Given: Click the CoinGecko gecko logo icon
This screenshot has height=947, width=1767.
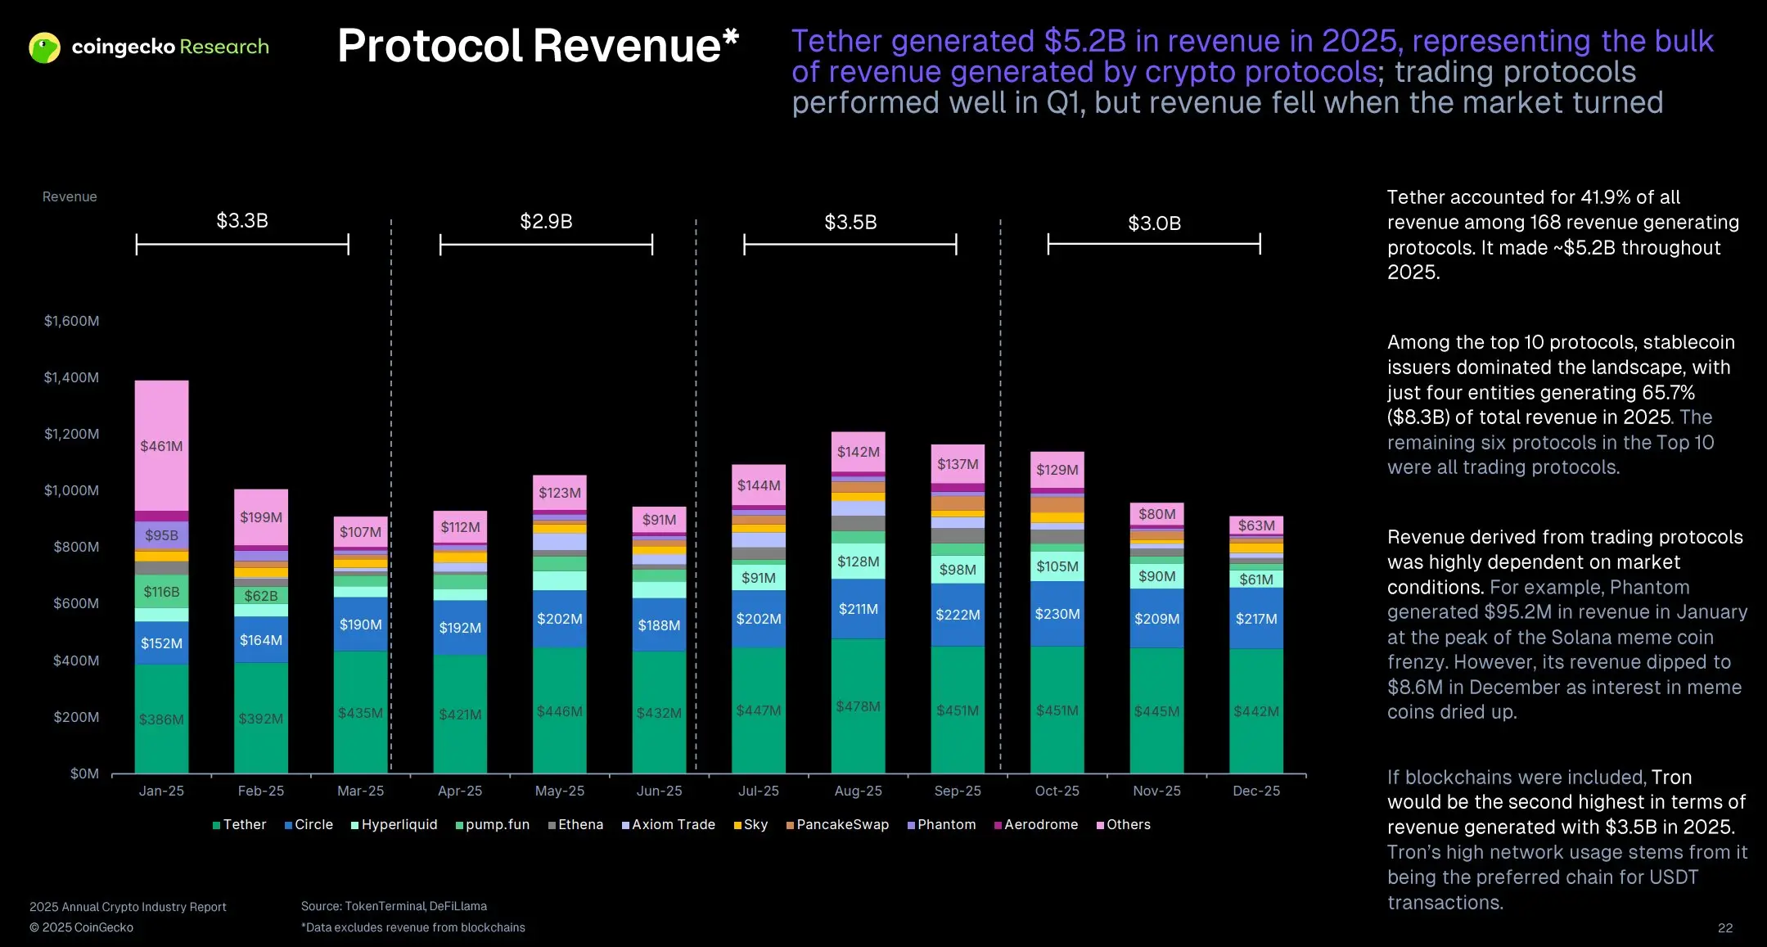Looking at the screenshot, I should click(x=44, y=47).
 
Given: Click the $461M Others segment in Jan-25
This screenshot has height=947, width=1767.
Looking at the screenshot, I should click(x=161, y=446).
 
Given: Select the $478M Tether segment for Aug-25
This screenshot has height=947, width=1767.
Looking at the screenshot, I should click(x=858, y=706).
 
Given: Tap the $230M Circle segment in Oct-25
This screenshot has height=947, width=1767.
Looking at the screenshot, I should click(x=1057, y=614).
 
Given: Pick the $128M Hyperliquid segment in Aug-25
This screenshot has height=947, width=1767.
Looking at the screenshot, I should click(x=858, y=561).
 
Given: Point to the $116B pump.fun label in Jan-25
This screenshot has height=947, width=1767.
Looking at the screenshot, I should click(x=161, y=592).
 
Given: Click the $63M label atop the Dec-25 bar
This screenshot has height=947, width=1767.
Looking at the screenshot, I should click(x=1255, y=525).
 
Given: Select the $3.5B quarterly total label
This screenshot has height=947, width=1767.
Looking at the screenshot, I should click(x=850, y=223).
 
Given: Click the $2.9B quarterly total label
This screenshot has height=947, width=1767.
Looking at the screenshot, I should click(x=546, y=222).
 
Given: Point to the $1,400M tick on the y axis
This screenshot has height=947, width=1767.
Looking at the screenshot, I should click(x=71, y=377).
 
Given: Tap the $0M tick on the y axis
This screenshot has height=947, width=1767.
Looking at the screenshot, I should click(x=84, y=773).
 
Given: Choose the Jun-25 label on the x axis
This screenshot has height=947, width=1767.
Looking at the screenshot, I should click(x=659, y=791).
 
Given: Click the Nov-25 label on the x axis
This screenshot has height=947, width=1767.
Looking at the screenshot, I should click(x=1156, y=791).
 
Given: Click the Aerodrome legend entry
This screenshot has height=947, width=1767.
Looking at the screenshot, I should click(x=1036, y=824).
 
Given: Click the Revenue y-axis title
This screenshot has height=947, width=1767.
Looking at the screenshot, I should click(x=70, y=196).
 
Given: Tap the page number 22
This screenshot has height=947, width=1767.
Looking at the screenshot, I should click(x=1724, y=927).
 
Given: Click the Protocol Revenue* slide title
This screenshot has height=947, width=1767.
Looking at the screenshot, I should click(x=538, y=46).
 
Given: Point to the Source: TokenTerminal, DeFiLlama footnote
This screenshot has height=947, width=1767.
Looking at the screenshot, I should click(x=394, y=906).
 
